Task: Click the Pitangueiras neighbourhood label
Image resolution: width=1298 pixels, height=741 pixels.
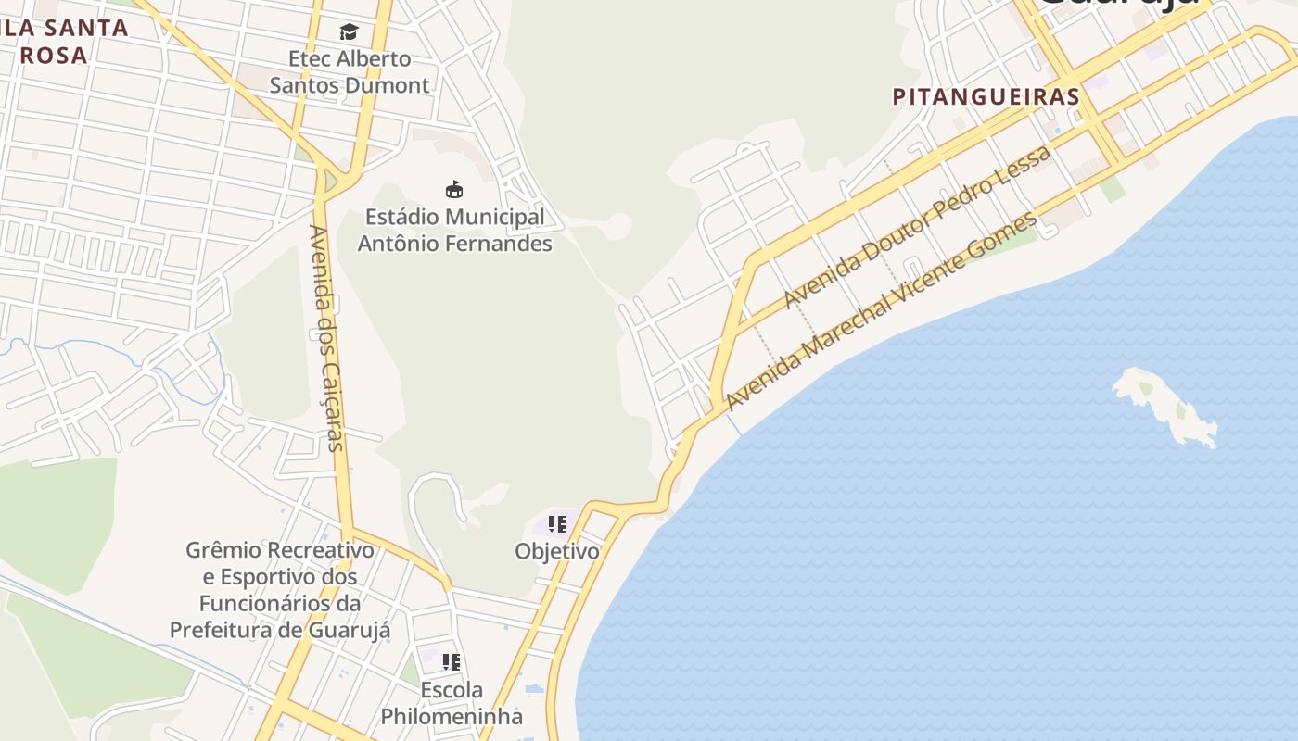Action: point(986,96)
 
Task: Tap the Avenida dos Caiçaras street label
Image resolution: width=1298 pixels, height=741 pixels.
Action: point(327,338)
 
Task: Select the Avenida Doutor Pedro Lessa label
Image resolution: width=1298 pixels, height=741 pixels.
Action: point(918,227)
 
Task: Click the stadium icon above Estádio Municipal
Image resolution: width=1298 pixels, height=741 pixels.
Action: point(454,190)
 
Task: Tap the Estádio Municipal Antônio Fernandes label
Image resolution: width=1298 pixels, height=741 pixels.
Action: point(454,231)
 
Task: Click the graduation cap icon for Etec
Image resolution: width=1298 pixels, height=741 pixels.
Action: point(349,32)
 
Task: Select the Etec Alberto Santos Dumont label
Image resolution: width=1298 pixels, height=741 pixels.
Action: point(350,72)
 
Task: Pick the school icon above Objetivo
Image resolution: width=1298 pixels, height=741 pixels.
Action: point(556,524)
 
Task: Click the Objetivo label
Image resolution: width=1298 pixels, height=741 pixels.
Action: point(557,552)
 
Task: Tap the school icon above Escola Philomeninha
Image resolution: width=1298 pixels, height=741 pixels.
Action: point(452,662)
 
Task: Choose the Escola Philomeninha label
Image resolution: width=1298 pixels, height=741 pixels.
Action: point(452,704)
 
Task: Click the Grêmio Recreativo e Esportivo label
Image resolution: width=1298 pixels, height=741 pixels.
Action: point(280,590)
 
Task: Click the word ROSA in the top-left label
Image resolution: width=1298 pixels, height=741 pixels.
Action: point(54,56)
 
